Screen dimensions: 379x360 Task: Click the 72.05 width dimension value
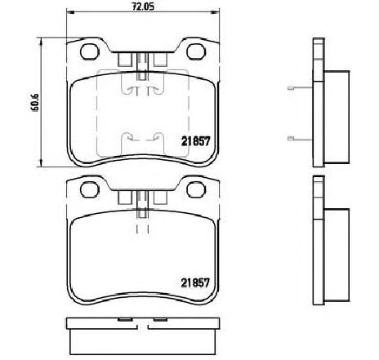tap(143, 7)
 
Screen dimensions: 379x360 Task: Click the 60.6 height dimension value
tap(35, 102)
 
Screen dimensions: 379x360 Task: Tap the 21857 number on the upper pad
tap(196, 141)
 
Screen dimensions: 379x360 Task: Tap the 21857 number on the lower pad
tap(196, 283)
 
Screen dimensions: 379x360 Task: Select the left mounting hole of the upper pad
tap(89, 51)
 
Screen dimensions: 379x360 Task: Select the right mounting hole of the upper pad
tap(196, 51)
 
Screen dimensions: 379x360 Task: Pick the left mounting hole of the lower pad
tap(89, 189)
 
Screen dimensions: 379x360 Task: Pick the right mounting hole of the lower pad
tap(196, 189)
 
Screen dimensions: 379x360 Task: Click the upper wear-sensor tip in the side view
tap(291, 88)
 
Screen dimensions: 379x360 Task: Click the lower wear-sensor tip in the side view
tap(291, 139)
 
